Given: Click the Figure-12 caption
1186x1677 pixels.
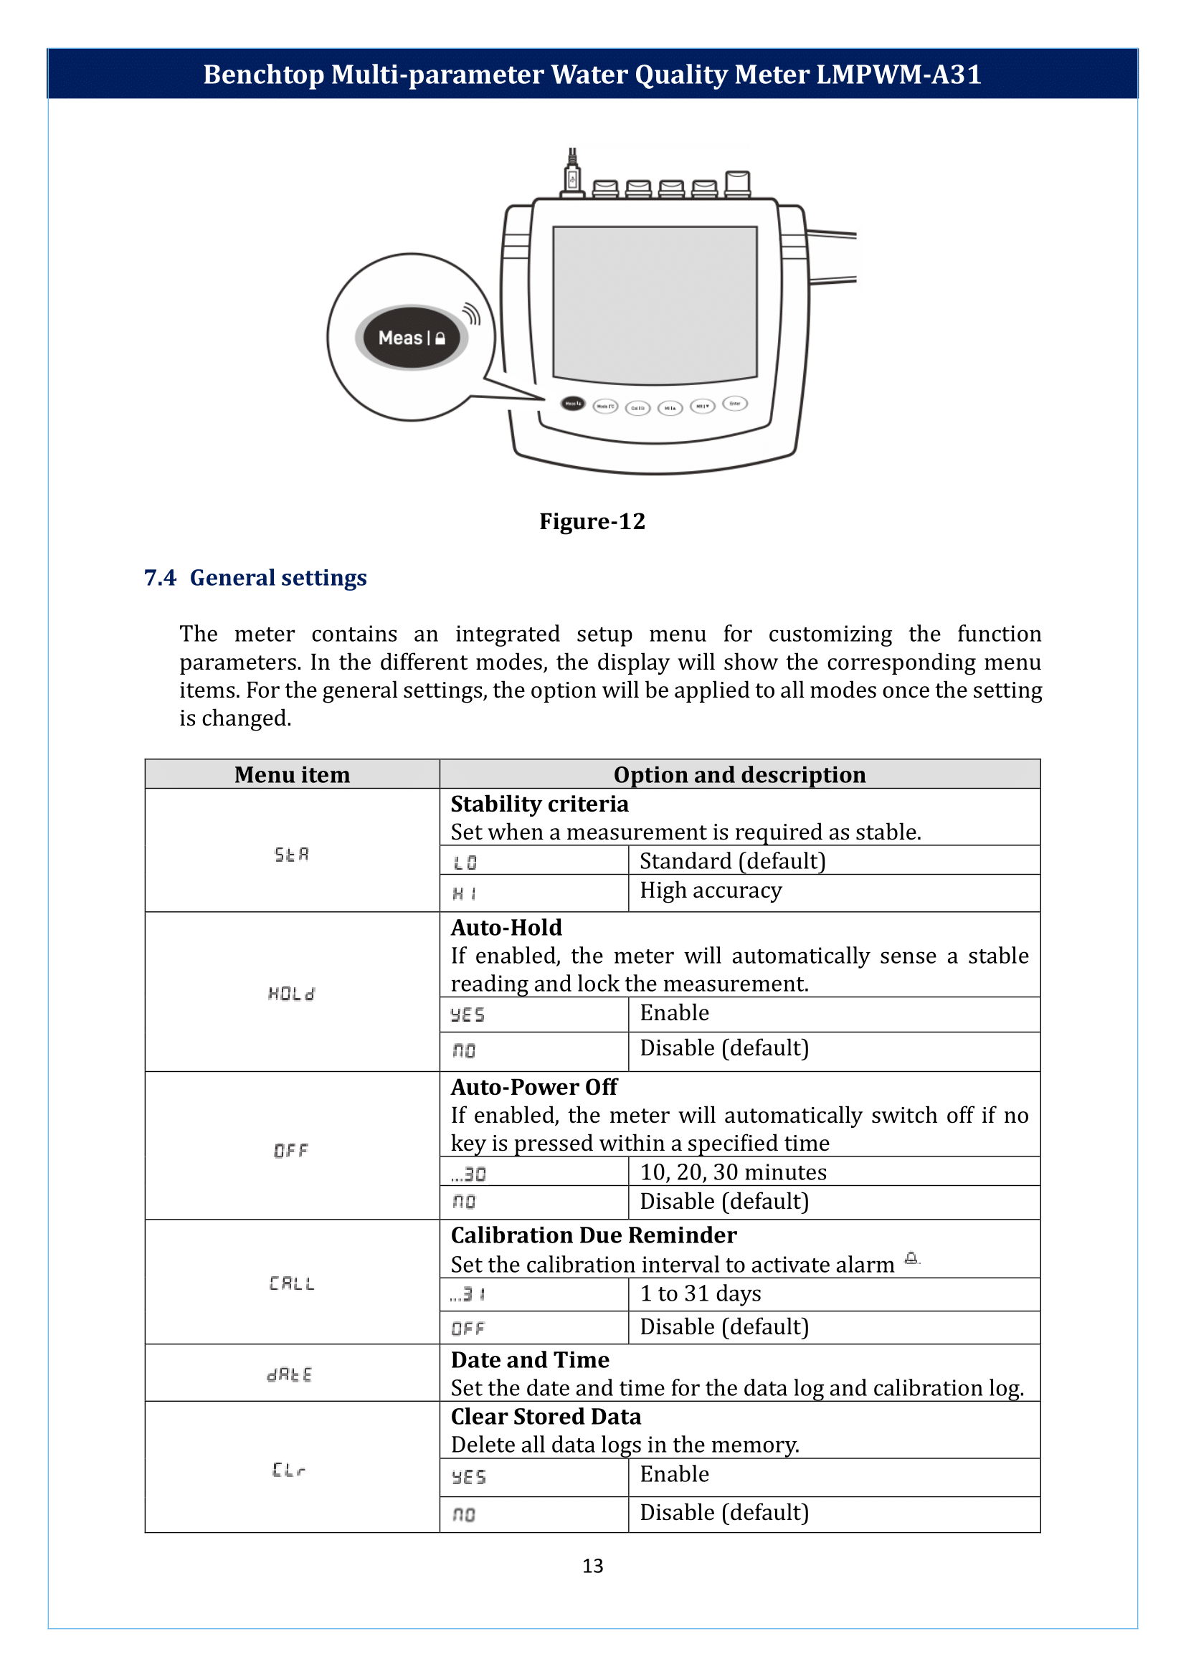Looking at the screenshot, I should tap(592, 521).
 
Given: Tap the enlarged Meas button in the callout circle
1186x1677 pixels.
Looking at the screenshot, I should tap(411, 338).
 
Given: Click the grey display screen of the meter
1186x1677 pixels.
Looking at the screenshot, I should tap(655, 305).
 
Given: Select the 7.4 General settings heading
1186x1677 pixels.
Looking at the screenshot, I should tap(255, 578).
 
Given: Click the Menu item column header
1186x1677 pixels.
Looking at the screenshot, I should tap(292, 774).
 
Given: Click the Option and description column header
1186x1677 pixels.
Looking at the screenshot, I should tap(739, 774).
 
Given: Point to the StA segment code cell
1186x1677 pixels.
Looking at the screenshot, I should tap(291, 854).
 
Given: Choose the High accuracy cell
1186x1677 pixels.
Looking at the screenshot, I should tap(711, 890).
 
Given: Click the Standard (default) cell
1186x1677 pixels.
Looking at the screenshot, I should tap(733, 861).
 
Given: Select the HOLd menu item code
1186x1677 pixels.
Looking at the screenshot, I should tap(291, 993).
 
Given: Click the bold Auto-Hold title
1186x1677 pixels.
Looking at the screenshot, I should tap(506, 928).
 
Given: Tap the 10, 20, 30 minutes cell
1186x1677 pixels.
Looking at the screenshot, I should tap(734, 1172).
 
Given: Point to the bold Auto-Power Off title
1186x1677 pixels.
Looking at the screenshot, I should tap(534, 1087).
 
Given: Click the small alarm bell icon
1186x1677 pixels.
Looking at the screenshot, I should tap(911, 1258).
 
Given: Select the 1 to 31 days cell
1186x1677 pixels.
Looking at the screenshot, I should tap(701, 1293).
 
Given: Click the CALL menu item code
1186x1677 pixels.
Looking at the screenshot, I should tap(291, 1283).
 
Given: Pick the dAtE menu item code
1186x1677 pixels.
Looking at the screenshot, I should tap(290, 1374).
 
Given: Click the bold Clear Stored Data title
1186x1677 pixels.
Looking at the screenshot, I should tap(546, 1416).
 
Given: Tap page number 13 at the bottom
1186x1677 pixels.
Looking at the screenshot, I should tap(592, 1565).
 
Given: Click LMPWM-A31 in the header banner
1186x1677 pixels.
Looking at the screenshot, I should tap(898, 75).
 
